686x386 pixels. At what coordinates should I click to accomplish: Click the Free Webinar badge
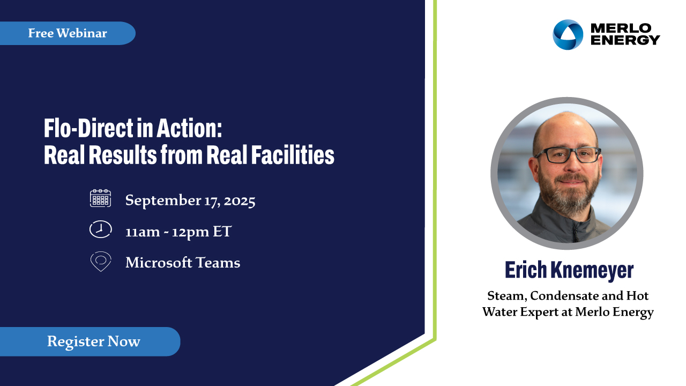[68, 33]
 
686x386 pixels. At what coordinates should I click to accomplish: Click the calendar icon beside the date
[100, 198]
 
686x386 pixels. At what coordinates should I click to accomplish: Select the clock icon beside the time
[100, 229]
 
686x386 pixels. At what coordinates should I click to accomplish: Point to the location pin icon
[101, 261]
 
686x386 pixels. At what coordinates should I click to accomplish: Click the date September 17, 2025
[190, 201]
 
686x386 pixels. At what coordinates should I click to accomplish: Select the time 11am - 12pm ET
[178, 232]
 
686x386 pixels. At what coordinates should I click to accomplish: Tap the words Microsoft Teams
[183, 263]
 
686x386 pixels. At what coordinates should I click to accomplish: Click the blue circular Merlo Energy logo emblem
[568, 35]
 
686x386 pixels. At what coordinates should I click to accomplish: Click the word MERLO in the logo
[621, 28]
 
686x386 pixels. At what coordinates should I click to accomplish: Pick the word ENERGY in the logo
[625, 40]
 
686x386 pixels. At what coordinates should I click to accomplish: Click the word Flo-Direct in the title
[89, 128]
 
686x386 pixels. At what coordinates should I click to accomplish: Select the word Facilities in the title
[293, 155]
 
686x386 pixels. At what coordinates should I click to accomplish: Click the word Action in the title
[189, 128]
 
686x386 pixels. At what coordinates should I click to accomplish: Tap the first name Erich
[526, 270]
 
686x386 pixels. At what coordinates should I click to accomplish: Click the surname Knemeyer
[592, 271]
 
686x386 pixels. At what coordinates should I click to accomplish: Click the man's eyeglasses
[568, 155]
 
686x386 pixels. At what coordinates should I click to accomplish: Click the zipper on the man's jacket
[576, 231]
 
